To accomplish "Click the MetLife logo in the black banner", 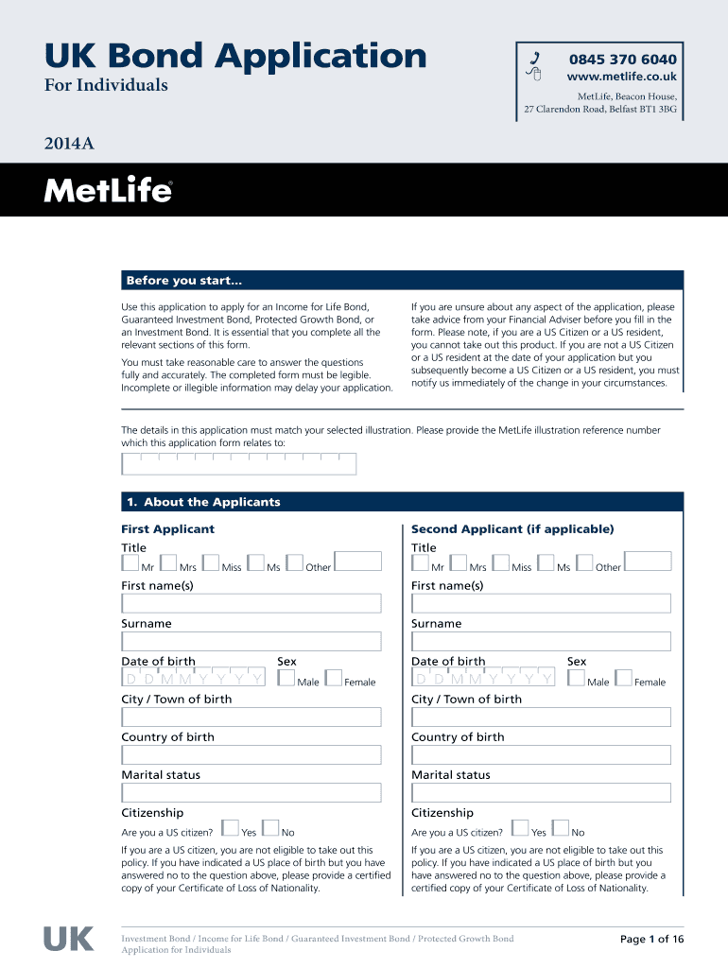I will (x=108, y=191).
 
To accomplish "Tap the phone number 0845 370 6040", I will (x=622, y=59).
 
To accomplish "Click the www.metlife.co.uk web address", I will (x=621, y=77).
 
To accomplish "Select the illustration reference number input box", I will (x=238, y=463).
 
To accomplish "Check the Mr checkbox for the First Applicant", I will (x=130, y=563).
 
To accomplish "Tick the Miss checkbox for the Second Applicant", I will (x=501, y=563).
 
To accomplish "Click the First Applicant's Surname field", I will (x=251, y=641).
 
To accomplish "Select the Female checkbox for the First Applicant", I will (x=333, y=678).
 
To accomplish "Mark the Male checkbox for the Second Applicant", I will (x=575, y=678).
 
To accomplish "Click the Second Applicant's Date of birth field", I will (x=484, y=679).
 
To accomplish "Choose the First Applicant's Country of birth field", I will (x=251, y=754).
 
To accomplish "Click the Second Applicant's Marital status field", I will (x=541, y=792).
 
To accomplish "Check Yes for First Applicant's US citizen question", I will (x=230, y=829).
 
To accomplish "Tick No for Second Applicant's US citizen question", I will (x=561, y=829).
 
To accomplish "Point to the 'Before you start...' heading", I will (x=184, y=281).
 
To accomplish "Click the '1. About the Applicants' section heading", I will (x=202, y=502).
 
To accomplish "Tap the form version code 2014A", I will (x=68, y=145).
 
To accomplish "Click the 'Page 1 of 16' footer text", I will (x=651, y=939).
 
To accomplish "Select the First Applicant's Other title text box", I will (x=358, y=562).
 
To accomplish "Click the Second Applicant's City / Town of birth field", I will (x=541, y=717).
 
